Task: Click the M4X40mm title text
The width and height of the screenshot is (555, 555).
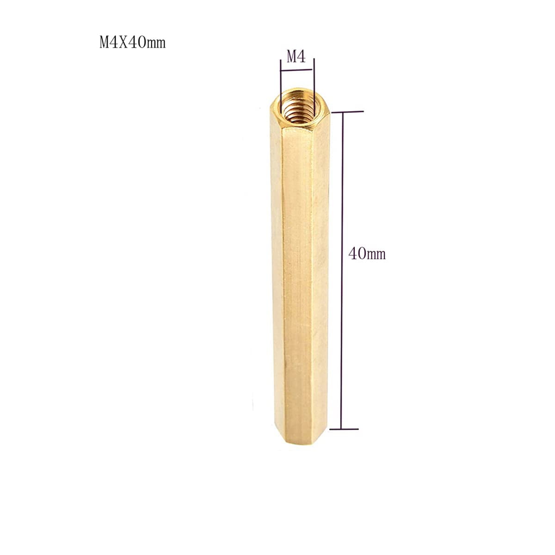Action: point(132,43)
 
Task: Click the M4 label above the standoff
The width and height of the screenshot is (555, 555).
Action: point(296,57)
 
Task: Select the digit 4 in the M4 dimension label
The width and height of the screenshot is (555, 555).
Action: point(301,57)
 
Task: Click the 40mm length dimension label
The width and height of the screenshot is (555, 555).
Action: point(367,253)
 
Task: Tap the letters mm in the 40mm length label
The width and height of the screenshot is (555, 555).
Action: point(376,254)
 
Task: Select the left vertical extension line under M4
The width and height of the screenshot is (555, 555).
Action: point(281,83)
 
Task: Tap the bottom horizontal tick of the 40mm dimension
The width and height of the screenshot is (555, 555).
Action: point(344,429)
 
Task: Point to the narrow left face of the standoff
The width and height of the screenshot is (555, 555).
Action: point(277,277)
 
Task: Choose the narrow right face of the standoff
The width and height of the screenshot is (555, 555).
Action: point(323,277)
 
